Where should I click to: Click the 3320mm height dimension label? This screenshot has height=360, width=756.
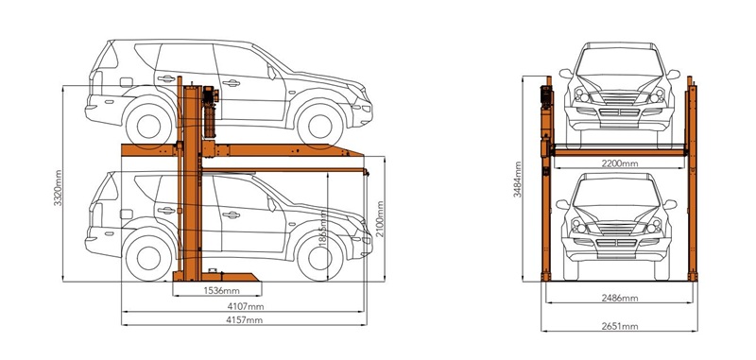pos(58,187)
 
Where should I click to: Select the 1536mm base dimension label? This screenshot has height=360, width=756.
pos(221,290)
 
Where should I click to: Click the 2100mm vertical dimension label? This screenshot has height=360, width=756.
pos(381,219)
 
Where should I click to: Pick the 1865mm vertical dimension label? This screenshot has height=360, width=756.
pos(322,229)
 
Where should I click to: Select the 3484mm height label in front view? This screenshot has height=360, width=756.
pos(517,180)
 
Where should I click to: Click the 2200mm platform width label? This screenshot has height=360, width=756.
pos(620,163)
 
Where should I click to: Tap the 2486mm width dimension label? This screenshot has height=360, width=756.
pos(620,298)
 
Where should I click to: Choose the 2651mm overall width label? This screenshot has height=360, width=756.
pos(620,326)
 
